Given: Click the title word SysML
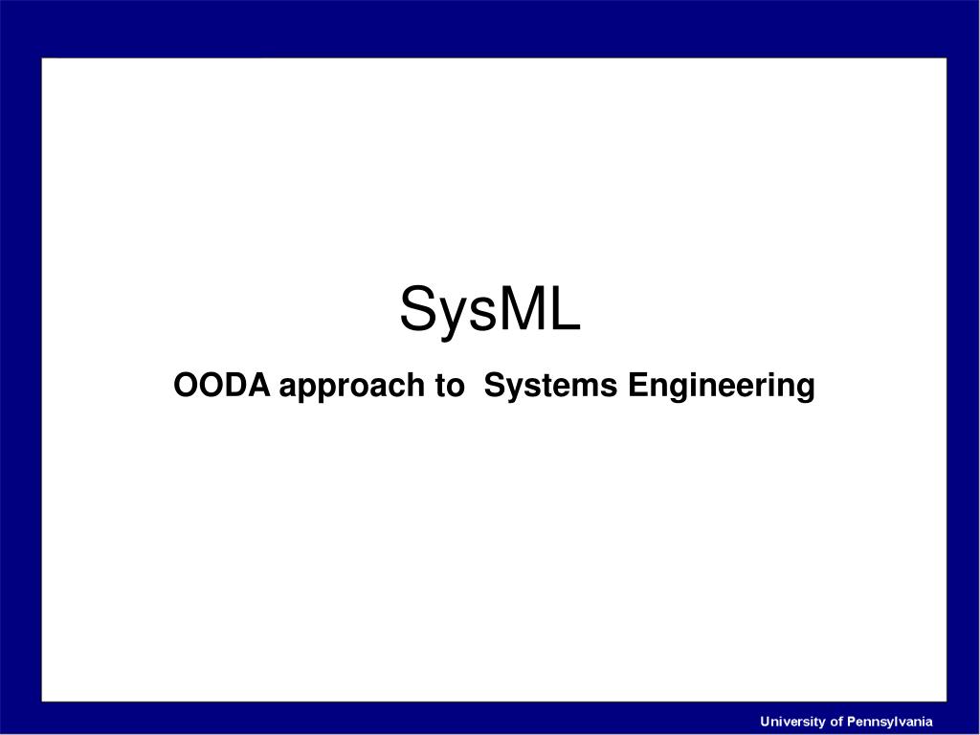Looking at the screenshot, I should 489,311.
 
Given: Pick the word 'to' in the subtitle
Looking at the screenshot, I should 448,387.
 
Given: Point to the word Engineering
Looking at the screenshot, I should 722,388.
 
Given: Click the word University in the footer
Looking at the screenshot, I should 793,722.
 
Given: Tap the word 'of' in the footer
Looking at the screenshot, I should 836,722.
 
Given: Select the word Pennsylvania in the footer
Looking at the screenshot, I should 890,722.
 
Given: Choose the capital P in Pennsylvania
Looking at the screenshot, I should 852,722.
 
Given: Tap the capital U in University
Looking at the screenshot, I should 766,722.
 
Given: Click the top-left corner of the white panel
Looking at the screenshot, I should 42,58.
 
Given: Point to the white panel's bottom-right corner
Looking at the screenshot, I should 946,701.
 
